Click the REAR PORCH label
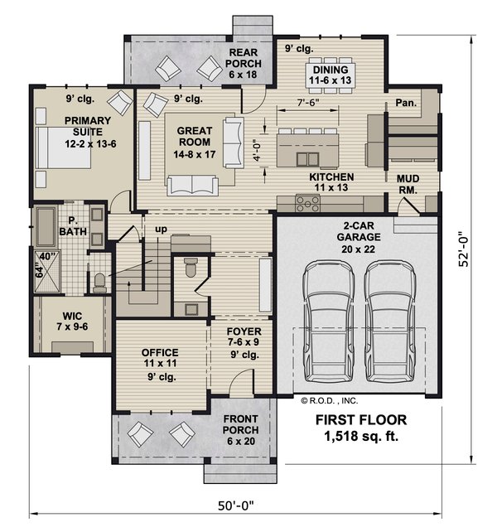[x=244, y=63]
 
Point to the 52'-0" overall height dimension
[x=463, y=249]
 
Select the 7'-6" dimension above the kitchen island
[x=308, y=102]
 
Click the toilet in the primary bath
[x=99, y=283]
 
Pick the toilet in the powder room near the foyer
[x=191, y=267]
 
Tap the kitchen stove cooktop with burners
[x=307, y=204]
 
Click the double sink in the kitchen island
[x=307, y=159]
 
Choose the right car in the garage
[x=390, y=322]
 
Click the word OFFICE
[x=160, y=352]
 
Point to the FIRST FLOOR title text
[x=361, y=420]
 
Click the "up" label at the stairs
[x=162, y=230]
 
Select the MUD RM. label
[x=408, y=184]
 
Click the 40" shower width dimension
[x=47, y=257]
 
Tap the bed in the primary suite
[x=63, y=148]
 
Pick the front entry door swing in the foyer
[x=241, y=382]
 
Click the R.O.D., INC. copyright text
[x=329, y=401]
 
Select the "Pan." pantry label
[x=406, y=103]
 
